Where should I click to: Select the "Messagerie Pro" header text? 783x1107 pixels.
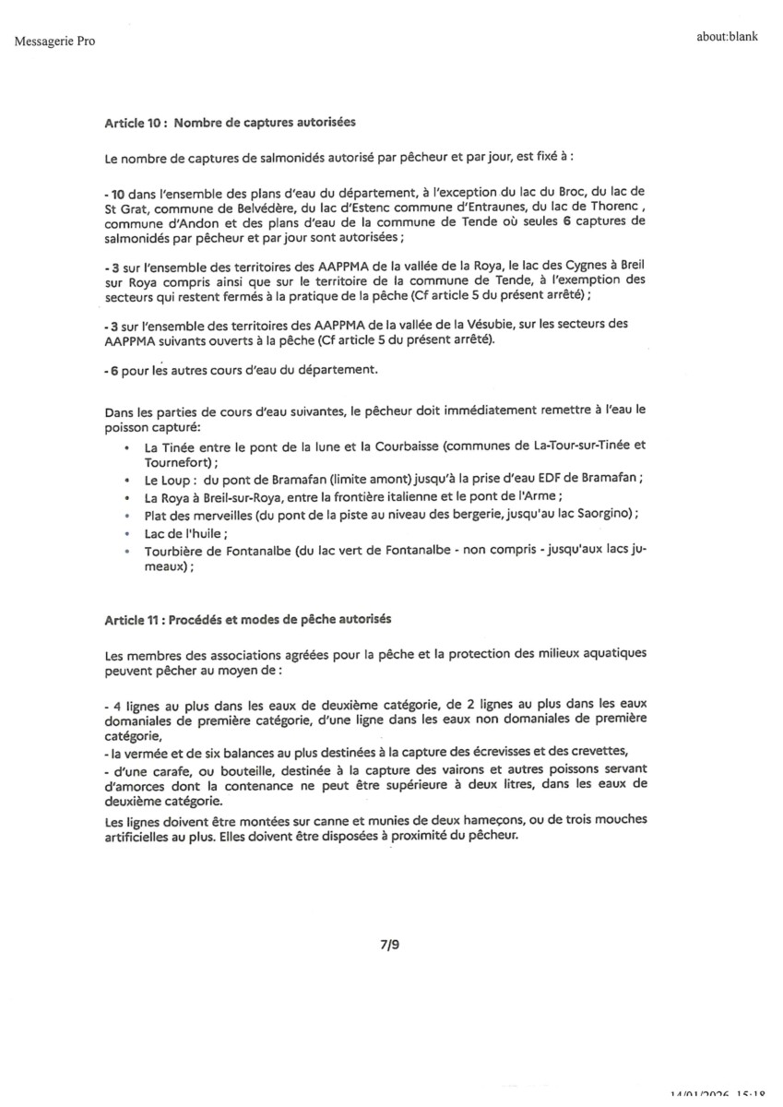54,40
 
